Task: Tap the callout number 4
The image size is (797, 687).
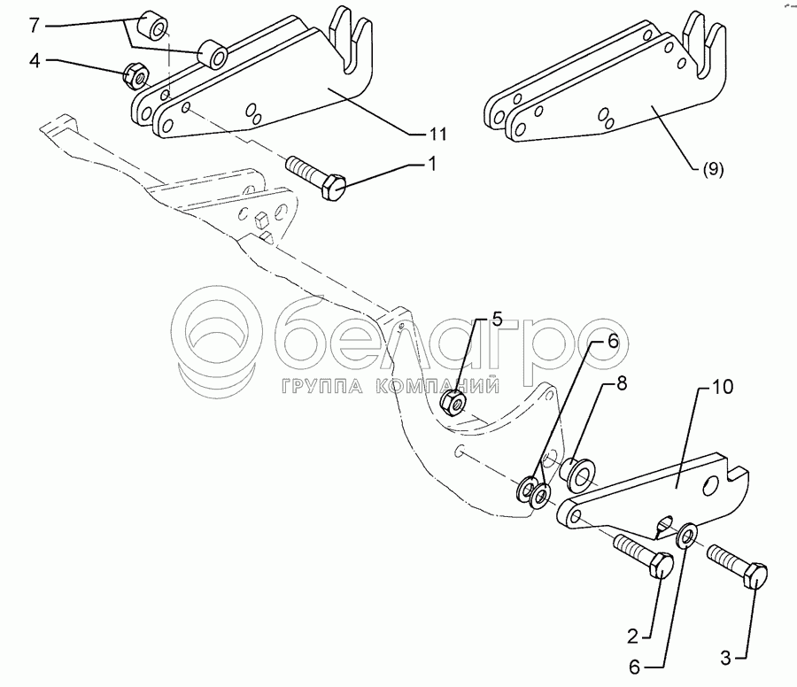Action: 34,61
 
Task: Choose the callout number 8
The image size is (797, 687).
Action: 621,386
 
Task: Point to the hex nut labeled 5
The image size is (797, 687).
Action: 453,403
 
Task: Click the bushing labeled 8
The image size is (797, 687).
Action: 581,475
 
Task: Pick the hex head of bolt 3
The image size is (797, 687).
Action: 755,576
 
